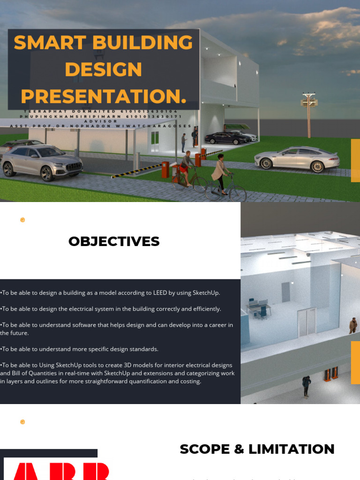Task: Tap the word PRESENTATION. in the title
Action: click(x=104, y=97)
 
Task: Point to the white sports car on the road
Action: click(x=297, y=158)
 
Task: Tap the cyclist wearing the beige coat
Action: click(x=220, y=175)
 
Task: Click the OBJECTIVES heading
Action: click(x=114, y=241)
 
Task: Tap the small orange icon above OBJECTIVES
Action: click(x=22, y=220)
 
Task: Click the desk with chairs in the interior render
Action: click(x=259, y=308)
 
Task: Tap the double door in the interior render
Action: click(x=307, y=322)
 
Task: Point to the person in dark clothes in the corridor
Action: click(x=307, y=386)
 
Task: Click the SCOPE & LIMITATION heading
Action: click(x=257, y=449)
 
